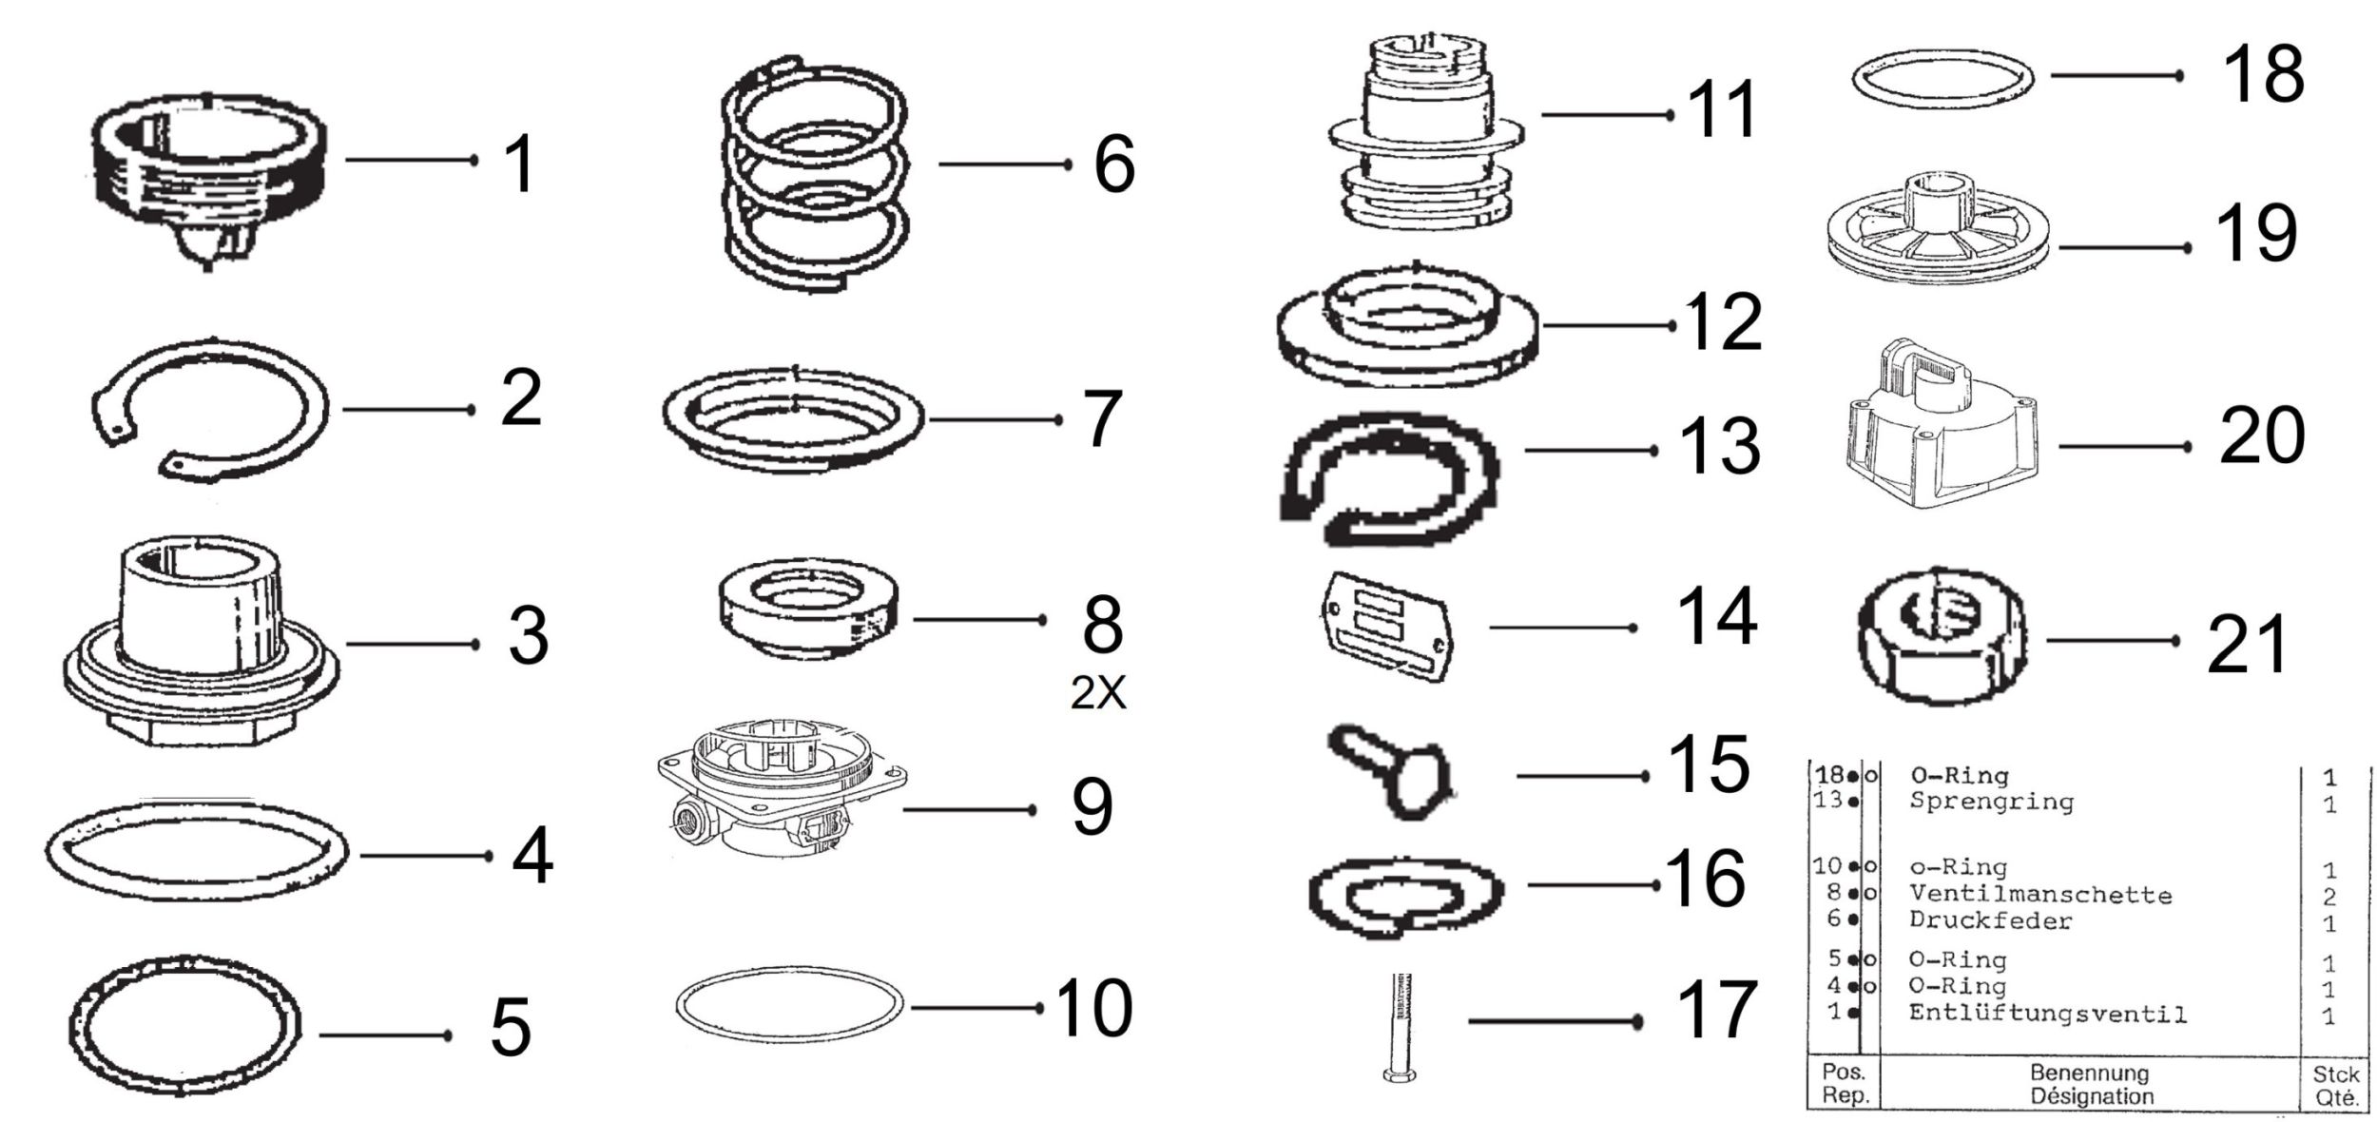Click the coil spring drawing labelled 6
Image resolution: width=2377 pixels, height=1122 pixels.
[x=815, y=173]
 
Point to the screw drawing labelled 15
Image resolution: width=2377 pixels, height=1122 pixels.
[x=1392, y=770]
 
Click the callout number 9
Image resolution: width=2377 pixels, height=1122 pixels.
[x=1092, y=807]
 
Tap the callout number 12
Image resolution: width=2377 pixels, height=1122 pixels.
[x=1723, y=322]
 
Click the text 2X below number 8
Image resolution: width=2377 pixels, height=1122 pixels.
[x=1098, y=694]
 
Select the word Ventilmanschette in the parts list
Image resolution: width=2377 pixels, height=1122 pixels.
[x=2040, y=895]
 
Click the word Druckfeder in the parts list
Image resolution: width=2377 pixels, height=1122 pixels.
[x=1991, y=920]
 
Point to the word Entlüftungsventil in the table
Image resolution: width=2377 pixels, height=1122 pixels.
[x=2048, y=1015]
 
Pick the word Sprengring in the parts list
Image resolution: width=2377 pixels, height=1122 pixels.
[x=1992, y=802]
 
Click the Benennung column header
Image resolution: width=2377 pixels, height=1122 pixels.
[x=2090, y=1073]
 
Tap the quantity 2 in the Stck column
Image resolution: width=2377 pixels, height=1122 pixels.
[x=2329, y=896]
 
